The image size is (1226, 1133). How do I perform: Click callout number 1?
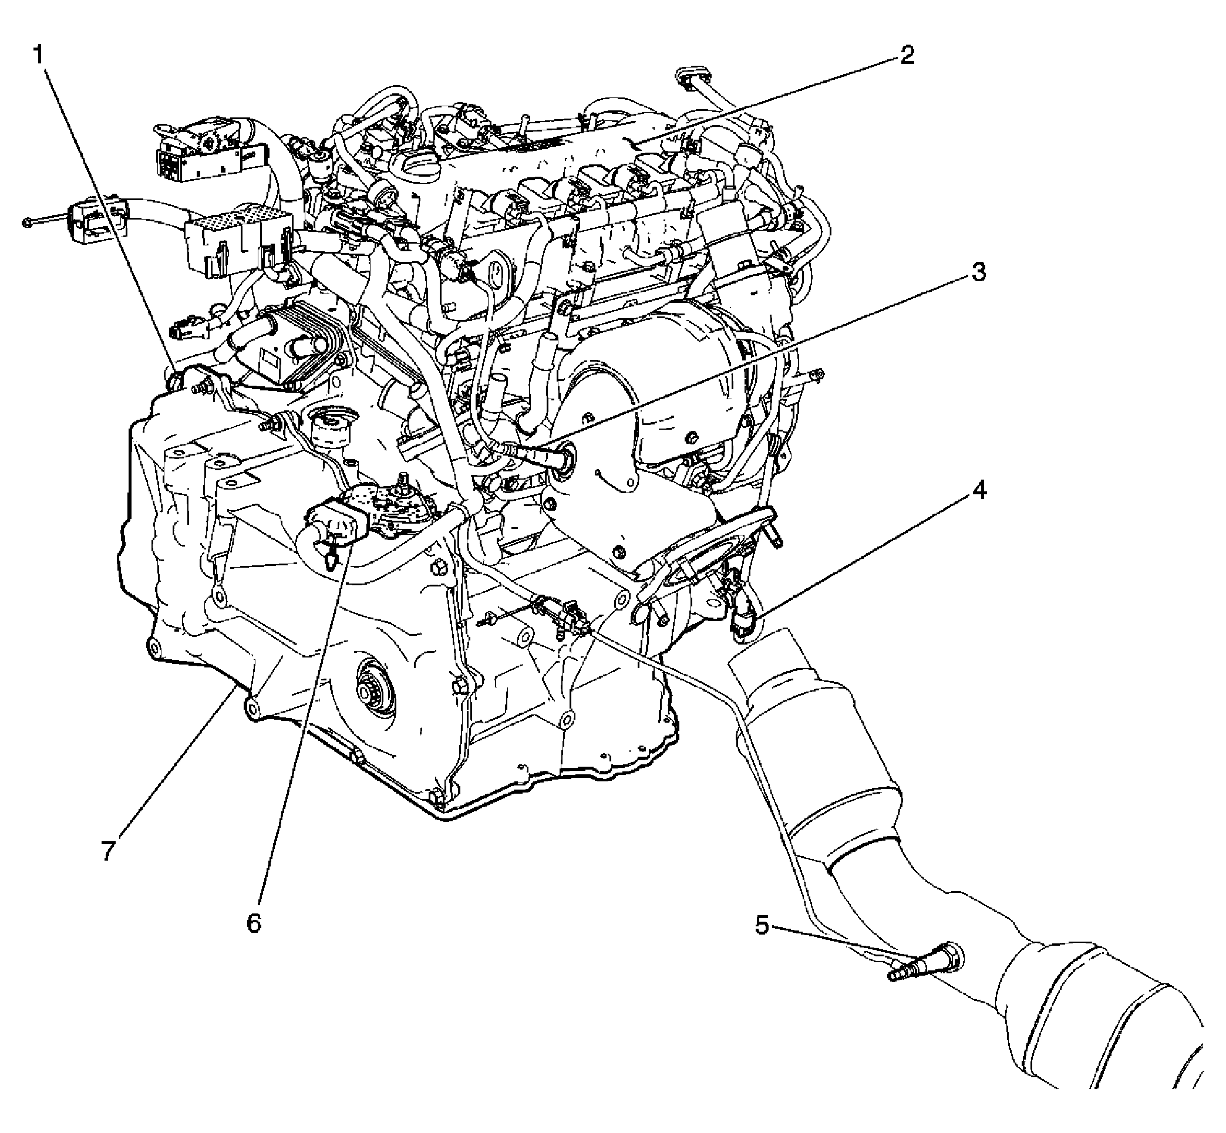[38, 56]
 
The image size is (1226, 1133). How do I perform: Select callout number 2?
[907, 56]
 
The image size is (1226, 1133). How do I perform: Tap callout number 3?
[979, 272]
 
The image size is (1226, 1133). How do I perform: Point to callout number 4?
[979, 490]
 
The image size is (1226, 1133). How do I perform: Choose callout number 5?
[762, 926]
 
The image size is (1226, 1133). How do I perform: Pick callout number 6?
[254, 923]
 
